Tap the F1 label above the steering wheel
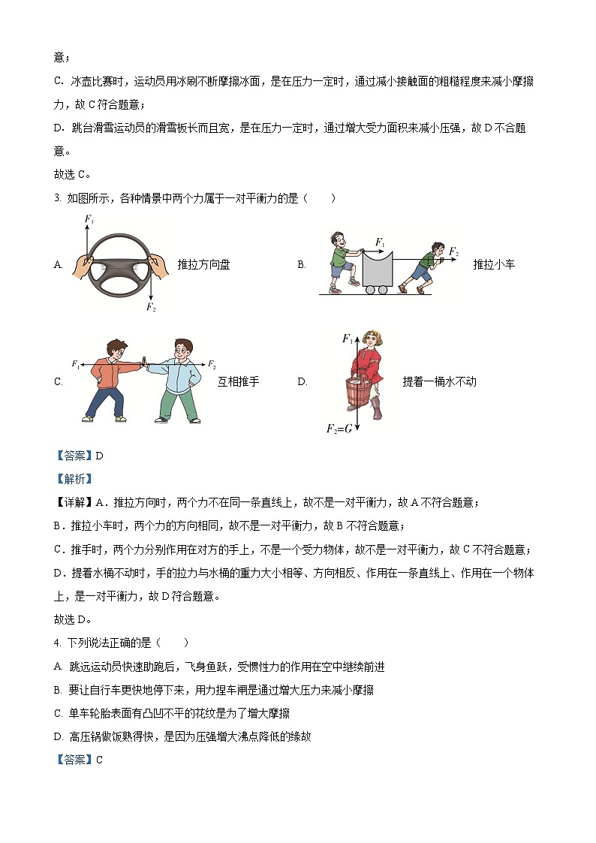point(89,219)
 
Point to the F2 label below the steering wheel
point(151,307)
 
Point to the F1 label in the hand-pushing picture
point(76,364)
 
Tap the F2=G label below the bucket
point(339,428)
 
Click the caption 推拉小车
point(494,264)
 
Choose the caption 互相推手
point(238,381)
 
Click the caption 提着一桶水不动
point(439,381)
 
